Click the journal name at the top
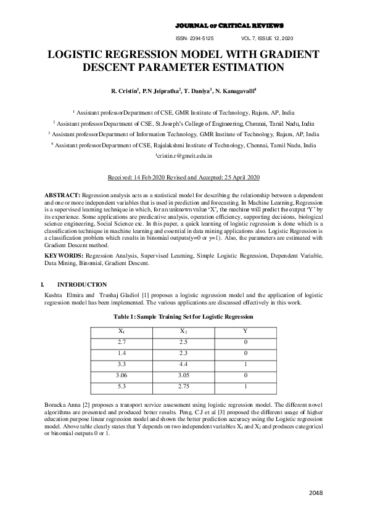(229, 26)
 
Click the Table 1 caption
(183, 316)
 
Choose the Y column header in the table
(245, 331)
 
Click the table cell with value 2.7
(122, 341)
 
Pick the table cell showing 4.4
(183, 364)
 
